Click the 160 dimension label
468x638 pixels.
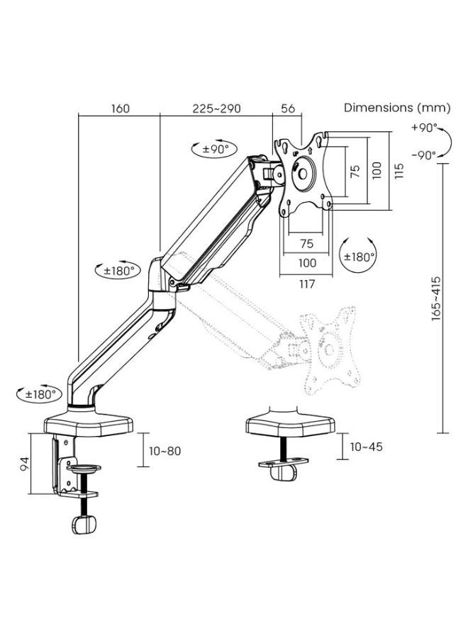(x=121, y=108)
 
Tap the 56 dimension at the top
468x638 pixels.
(x=288, y=108)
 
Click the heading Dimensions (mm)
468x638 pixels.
(x=397, y=108)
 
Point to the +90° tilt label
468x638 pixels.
(x=423, y=129)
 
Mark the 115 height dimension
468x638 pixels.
(x=399, y=170)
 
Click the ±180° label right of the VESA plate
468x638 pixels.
(x=359, y=257)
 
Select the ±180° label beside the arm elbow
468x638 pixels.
(x=118, y=271)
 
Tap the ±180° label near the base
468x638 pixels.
(x=39, y=393)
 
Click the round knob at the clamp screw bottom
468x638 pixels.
(x=84, y=524)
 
